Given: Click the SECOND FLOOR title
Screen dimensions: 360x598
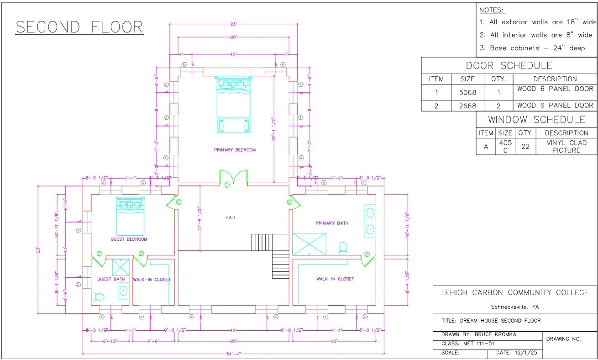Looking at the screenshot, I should coord(79,27).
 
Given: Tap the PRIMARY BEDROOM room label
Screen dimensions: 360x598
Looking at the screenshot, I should coord(235,150).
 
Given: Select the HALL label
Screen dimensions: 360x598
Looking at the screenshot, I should coord(231,217).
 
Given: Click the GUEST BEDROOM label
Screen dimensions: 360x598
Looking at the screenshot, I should coord(129,239).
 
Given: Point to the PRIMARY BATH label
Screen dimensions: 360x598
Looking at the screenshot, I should coord(332,223).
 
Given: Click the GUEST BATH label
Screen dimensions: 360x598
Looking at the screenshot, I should coord(111,279).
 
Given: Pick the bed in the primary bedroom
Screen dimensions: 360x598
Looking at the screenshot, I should coord(233,97).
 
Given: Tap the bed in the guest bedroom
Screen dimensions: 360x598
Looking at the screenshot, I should coord(130,216).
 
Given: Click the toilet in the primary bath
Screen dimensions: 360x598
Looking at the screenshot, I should coord(343,248).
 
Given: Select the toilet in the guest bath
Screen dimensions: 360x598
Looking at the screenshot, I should coord(98,297).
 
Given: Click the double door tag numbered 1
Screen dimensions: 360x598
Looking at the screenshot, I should coord(227,185).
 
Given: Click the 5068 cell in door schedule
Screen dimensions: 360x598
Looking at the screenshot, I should coord(467,92).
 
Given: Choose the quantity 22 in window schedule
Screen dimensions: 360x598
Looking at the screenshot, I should coord(525,147).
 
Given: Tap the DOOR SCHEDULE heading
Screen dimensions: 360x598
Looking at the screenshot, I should coord(509,65).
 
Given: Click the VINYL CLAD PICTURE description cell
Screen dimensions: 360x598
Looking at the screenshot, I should coord(566,146).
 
